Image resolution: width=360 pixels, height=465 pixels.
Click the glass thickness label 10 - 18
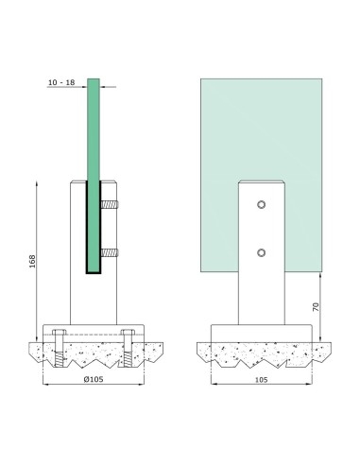pyautogui.click(x=60, y=83)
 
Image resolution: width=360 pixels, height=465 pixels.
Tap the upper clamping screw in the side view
pyautogui.click(x=110, y=204)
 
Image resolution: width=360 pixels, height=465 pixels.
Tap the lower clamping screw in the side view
pyautogui.click(x=110, y=252)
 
